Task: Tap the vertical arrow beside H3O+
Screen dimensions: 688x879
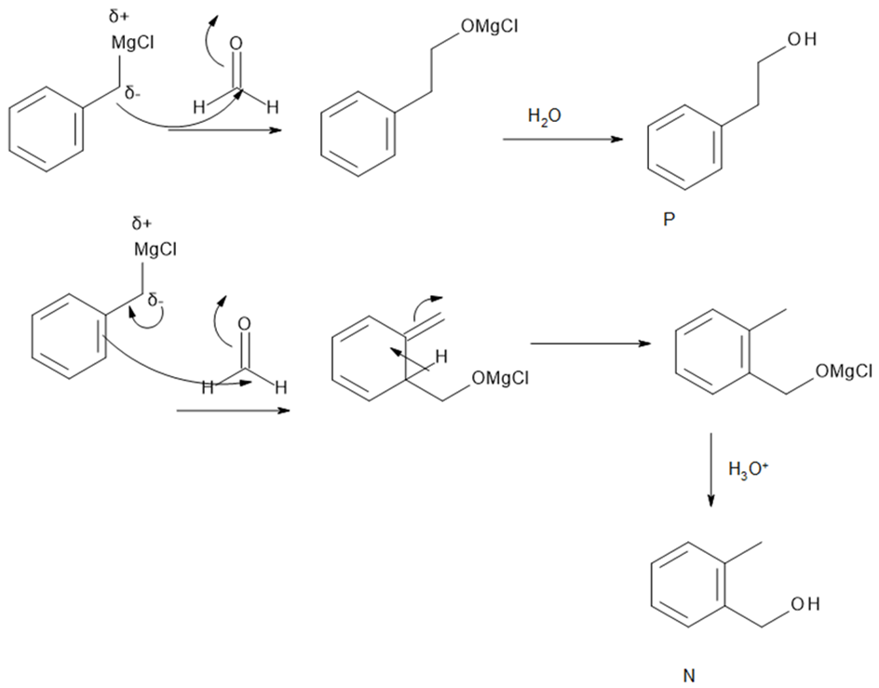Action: [x=710, y=469]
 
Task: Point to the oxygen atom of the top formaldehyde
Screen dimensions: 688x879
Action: [x=236, y=43]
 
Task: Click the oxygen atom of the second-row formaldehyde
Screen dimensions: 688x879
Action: [x=244, y=324]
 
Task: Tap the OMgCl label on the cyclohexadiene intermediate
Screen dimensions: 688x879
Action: [x=501, y=378]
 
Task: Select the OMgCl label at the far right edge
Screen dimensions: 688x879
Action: [x=844, y=372]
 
